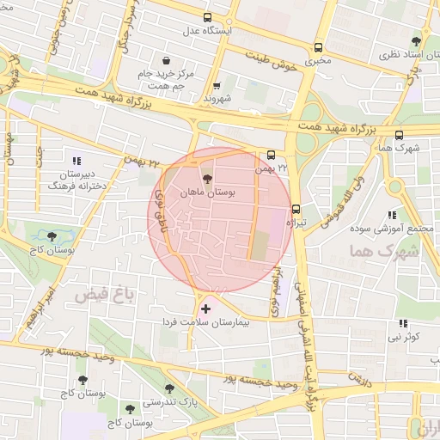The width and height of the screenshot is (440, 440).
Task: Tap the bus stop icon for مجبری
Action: point(319,47)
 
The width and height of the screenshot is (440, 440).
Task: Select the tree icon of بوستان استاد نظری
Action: point(417,40)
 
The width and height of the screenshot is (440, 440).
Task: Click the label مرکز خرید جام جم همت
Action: point(167,80)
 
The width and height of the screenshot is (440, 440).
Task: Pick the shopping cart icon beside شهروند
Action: point(216,85)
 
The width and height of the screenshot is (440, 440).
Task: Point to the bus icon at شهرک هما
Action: point(398,134)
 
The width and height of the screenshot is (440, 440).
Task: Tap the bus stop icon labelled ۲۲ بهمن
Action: point(272,156)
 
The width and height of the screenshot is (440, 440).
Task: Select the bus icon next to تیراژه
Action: point(296,207)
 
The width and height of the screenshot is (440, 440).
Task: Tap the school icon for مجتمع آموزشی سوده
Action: point(392,215)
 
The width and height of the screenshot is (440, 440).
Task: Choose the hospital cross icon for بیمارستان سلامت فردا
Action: point(205,308)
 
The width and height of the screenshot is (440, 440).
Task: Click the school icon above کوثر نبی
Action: point(402,323)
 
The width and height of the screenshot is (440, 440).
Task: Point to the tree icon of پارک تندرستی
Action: point(169,388)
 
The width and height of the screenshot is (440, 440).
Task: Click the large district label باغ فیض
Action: point(105,296)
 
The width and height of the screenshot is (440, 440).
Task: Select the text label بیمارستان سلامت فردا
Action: point(218,321)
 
